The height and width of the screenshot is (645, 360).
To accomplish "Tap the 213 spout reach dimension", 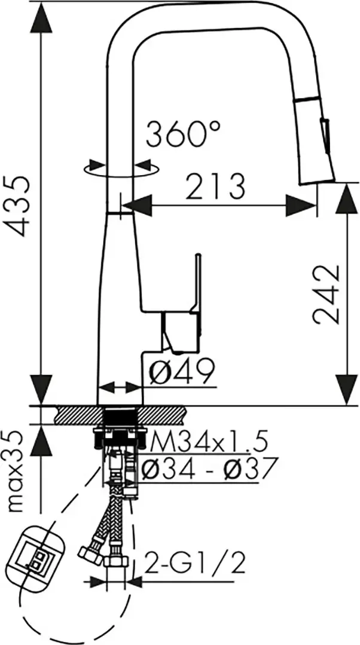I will (215, 187).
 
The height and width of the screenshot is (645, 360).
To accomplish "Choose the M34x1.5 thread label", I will (206, 443).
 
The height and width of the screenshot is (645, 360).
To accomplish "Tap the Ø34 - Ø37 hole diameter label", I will (209, 467).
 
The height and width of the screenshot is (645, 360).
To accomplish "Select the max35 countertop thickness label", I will (21, 469).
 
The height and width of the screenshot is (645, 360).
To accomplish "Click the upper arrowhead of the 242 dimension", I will (347, 197).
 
